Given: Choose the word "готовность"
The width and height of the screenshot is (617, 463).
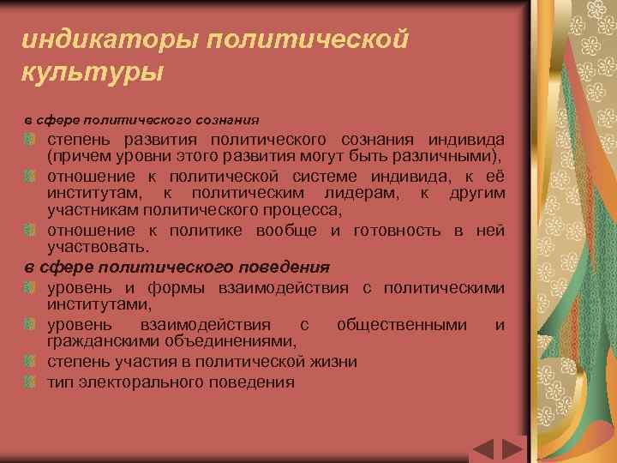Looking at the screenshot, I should pos(394,230).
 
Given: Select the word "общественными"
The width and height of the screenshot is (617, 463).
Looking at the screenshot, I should pos(403,324).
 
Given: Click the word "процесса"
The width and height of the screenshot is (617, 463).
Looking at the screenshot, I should pos(306,209).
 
